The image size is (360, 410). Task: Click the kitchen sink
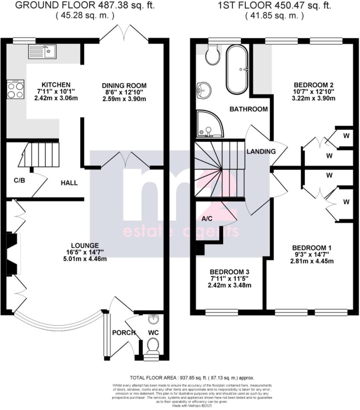click(42, 51)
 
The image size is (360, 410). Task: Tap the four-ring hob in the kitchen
click(15, 89)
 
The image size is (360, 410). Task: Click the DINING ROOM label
click(124, 86)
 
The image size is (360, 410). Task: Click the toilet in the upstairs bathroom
click(213, 55)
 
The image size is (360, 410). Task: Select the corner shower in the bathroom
click(209, 124)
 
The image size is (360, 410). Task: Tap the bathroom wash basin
click(203, 90)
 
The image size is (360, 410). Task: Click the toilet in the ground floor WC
click(153, 345)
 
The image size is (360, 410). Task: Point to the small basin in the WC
click(154, 320)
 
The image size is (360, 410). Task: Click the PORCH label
click(124, 333)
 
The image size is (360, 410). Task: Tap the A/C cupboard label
click(207, 218)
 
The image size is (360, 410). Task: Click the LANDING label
click(261, 152)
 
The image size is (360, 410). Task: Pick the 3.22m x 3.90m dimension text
click(313, 98)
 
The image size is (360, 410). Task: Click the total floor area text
click(192, 378)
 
